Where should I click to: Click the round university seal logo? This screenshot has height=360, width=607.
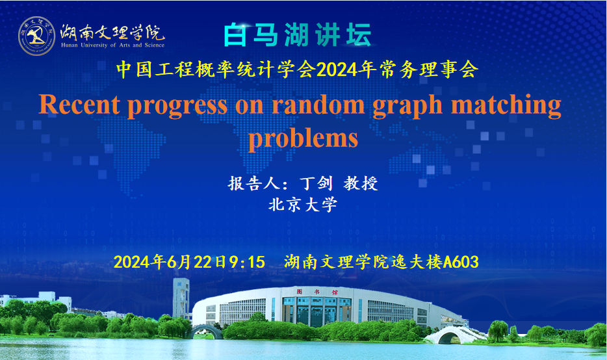pyautogui.click(x=37, y=36)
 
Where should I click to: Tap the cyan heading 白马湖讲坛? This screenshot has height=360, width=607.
pyautogui.click(x=298, y=35)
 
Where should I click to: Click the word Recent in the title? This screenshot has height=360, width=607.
pyautogui.click(x=79, y=105)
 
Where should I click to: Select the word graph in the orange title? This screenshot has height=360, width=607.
pyautogui.click(x=407, y=106)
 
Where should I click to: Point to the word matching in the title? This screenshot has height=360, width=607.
pyautogui.click(x=506, y=106)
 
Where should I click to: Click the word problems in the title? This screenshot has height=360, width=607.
pyautogui.click(x=303, y=139)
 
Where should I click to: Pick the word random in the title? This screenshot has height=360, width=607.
pyautogui.click(x=318, y=105)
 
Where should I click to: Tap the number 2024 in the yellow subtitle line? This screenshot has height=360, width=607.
pyautogui.click(x=337, y=70)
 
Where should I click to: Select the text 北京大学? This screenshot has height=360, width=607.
pyautogui.click(x=303, y=205)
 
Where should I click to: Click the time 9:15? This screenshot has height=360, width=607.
pyautogui.click(x=247, y=262)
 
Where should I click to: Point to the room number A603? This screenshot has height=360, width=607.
pyautogui.click(x=461, y=262)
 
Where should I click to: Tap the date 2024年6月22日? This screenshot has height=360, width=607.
pyautogui.click(x=170, y=262)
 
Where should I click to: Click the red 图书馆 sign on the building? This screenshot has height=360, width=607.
pyautogui.click(x=317, y=292)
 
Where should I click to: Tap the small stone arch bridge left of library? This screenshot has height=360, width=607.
pyautogui.click(x=205, y=330)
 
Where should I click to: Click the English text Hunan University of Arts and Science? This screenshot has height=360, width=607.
pyautogui.click(x=112, y=45)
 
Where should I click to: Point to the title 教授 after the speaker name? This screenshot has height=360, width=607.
pyautogui.click(x=361, y=183)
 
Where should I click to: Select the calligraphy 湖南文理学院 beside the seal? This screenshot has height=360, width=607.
pyautogui.click(x=112, y=32)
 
